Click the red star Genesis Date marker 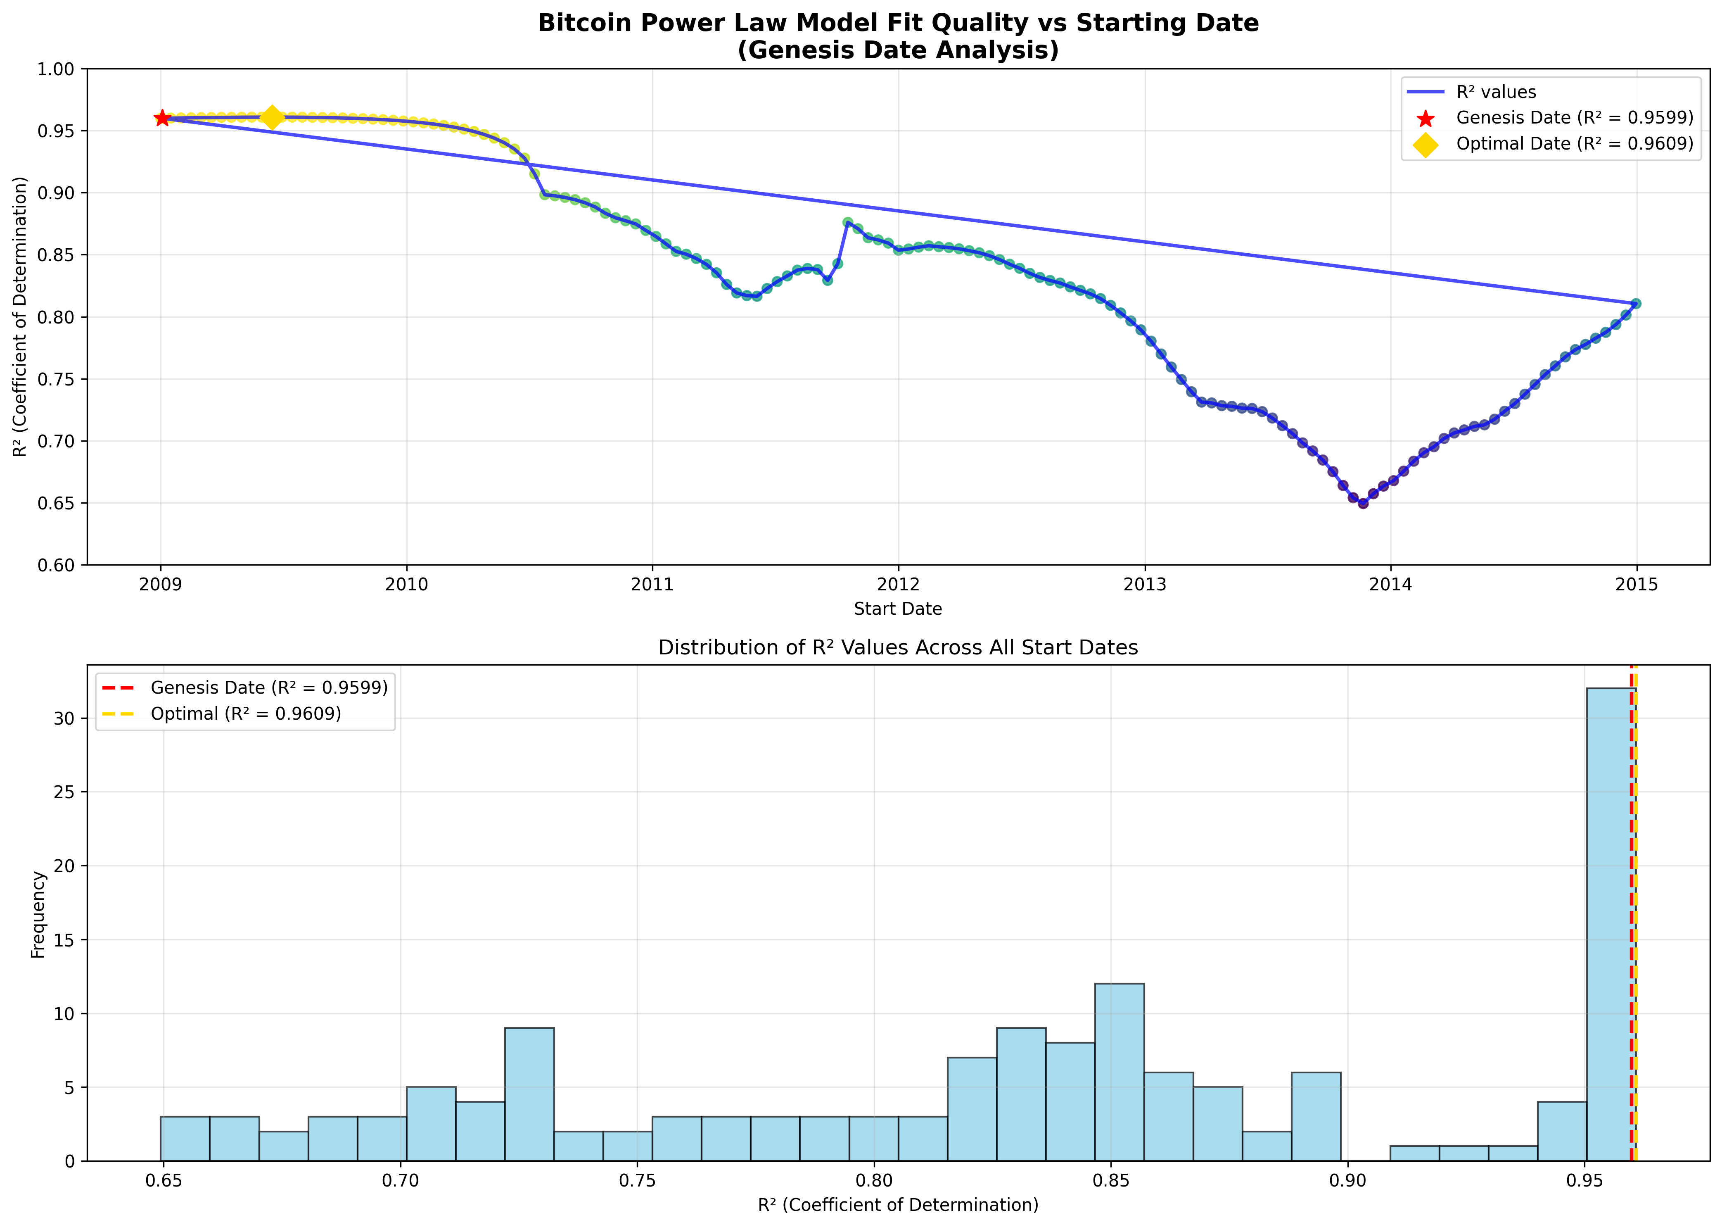coord(161,118)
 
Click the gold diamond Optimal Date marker coord(273,117)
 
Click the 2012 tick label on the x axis coord(898,584)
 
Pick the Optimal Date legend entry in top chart coord(1575,143)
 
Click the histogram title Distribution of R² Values coord(898,647)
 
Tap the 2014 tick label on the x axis coord(1390,584)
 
